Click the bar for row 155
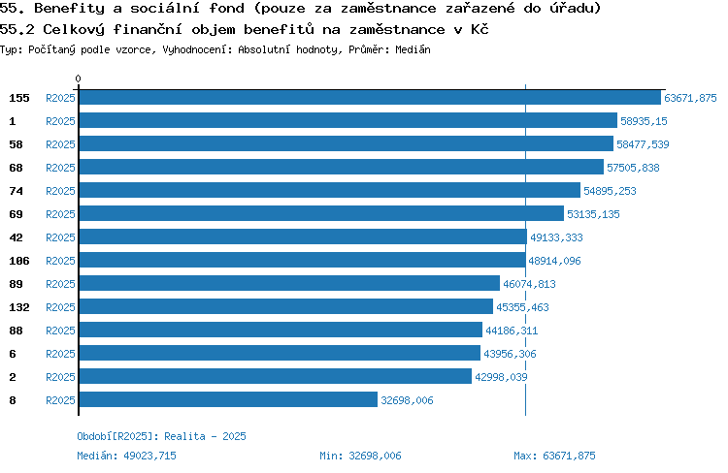tap(370, 97)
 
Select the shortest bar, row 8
tap(228, 399)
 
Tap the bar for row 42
tap(303, 236)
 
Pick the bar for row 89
tap(289, 283)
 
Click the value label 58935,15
tap(644, 121)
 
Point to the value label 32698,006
tap(407, 400)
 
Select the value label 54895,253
tap(610, 191)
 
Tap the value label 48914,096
tap(554, 261)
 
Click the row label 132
tap(19, 307)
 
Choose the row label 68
tap(16, 168)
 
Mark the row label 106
tap(19, 261)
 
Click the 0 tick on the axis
tap(78, 79)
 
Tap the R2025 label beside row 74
tap(60, 191)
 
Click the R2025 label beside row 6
tap(60, 354)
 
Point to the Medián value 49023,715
tap(149, 456)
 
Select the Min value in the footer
tap(375, 456)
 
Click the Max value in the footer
tap(569, 456)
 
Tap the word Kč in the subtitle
tap(480, 29)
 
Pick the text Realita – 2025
tap(205, 436)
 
